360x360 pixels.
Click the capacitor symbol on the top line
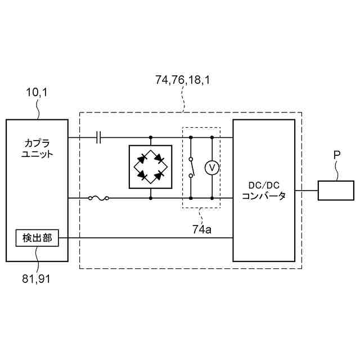(99, 137)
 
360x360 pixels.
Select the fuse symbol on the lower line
(99, 198)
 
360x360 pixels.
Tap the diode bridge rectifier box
(151, 167)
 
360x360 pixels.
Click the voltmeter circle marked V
(211, 168)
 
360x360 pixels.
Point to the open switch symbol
(191, 168)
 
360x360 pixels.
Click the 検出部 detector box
(37, 238)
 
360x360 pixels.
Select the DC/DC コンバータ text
(264, 191)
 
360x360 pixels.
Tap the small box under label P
(336, 190)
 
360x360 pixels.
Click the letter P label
(336, 154)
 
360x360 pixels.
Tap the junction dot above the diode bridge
(151, 137)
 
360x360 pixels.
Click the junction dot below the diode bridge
(151, 198)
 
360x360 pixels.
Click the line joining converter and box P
(306, 190)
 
